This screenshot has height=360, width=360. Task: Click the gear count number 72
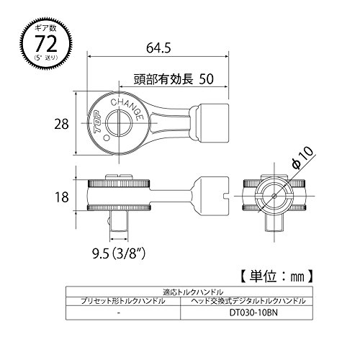point(46,43)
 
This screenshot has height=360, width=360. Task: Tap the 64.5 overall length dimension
point(158,48)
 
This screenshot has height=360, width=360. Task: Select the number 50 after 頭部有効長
point(206,78)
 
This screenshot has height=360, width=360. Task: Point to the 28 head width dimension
point(61,125)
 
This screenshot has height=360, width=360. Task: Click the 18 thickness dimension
point(62,197)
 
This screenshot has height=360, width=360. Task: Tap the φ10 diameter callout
point(302,157)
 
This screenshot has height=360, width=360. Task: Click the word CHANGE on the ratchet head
point(128,108)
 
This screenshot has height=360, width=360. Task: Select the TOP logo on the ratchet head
point(98,122)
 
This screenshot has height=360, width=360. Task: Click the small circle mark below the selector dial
point(107,138)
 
